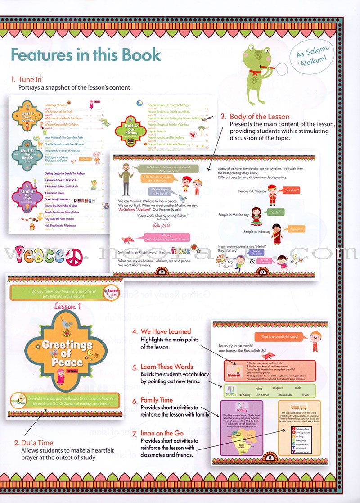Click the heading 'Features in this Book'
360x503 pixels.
[x=85, y=54]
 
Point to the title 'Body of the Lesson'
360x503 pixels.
[x=259, y=117]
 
